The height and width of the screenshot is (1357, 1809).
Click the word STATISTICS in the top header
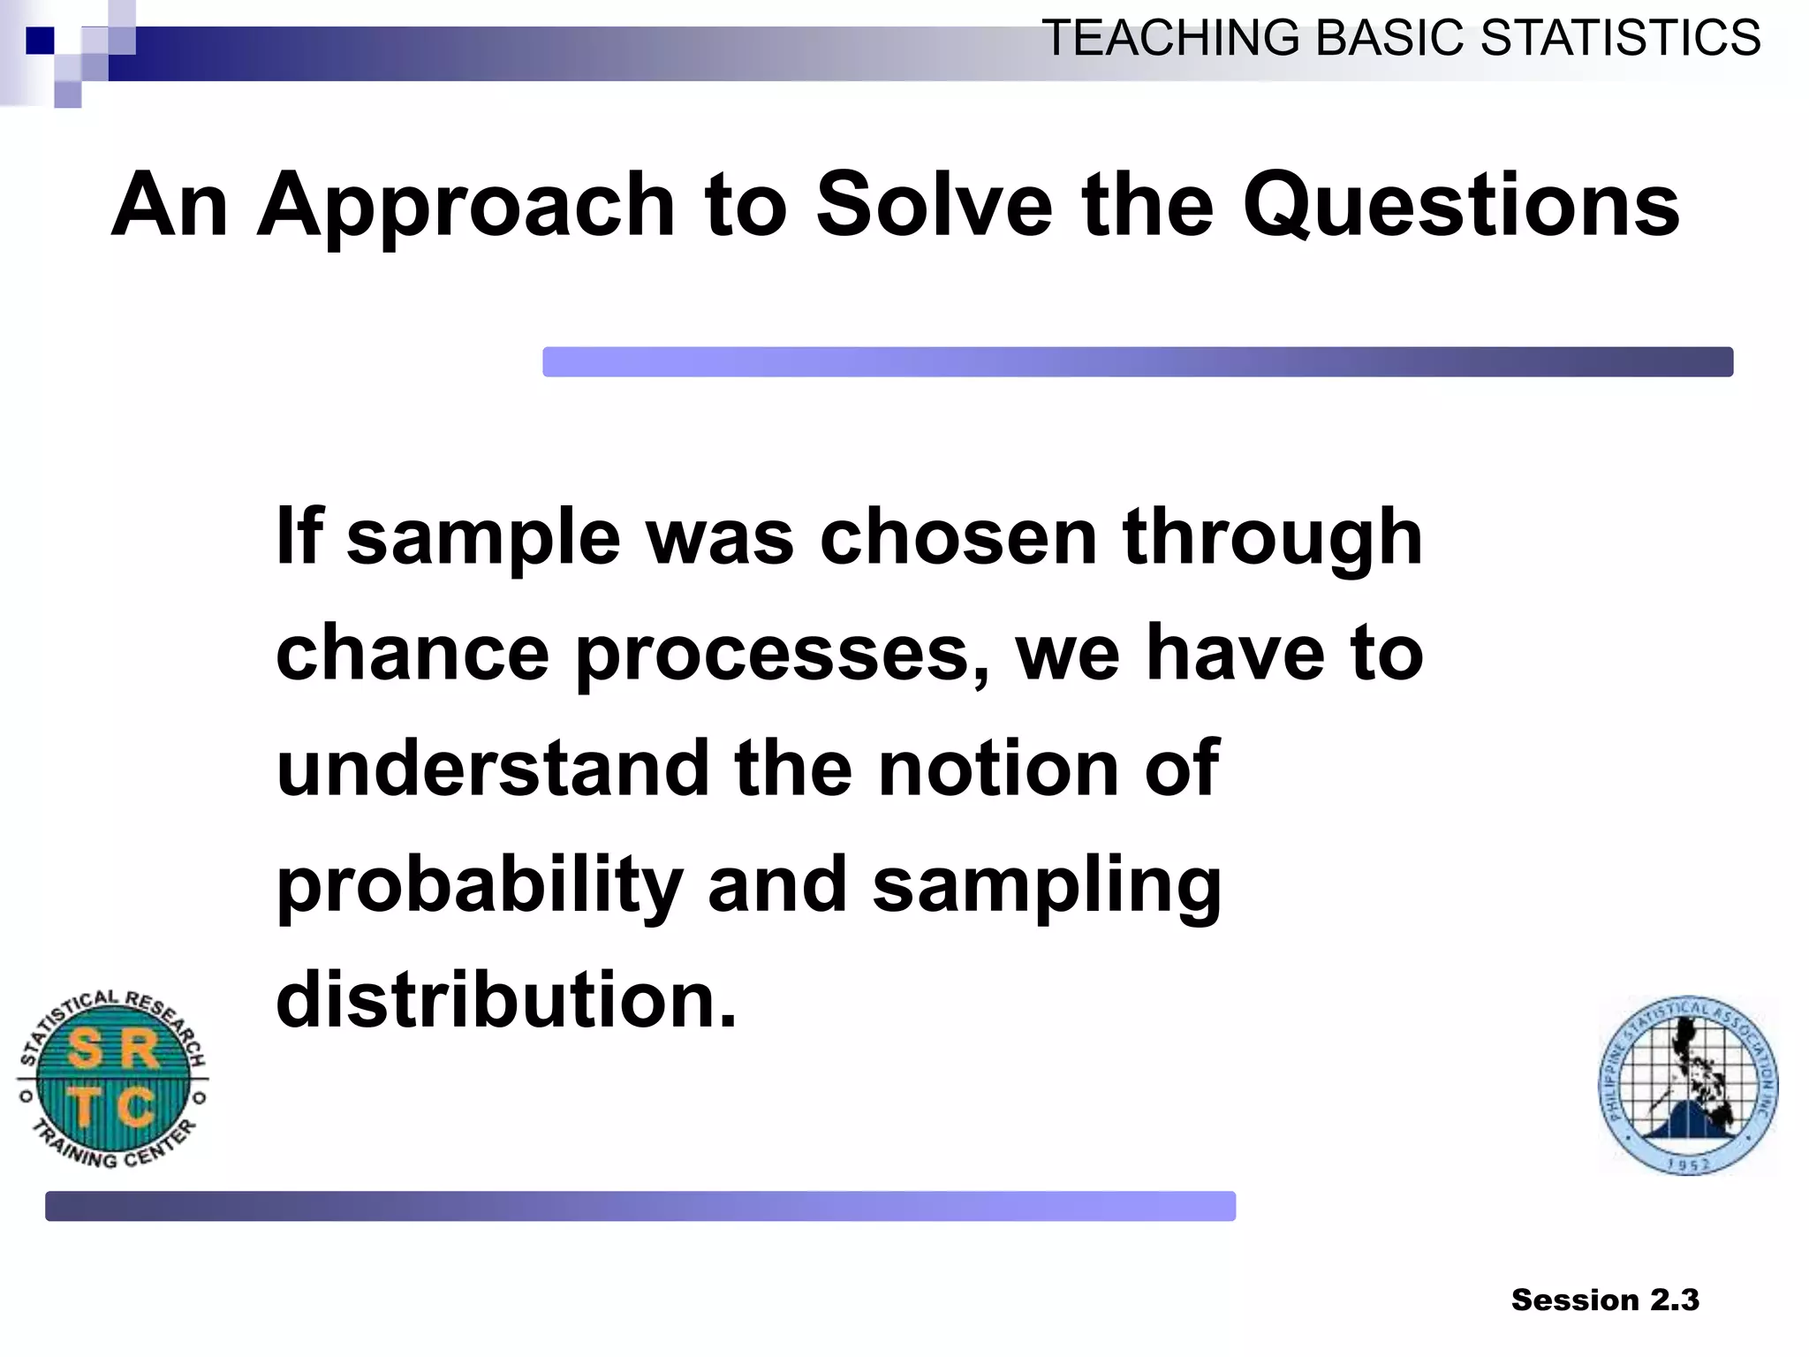1620,39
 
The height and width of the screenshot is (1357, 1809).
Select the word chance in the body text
413,654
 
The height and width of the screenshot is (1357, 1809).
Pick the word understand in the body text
493,769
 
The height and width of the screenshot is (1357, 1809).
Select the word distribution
505,1000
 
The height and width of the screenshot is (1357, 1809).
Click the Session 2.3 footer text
1604,1300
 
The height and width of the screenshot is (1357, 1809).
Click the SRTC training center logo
113,1079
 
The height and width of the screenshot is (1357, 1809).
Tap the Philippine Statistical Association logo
1687,1086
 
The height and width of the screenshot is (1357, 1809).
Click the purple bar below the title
1137,362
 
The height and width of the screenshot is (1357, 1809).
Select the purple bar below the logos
640,1206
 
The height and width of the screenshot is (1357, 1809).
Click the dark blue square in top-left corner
40,41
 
